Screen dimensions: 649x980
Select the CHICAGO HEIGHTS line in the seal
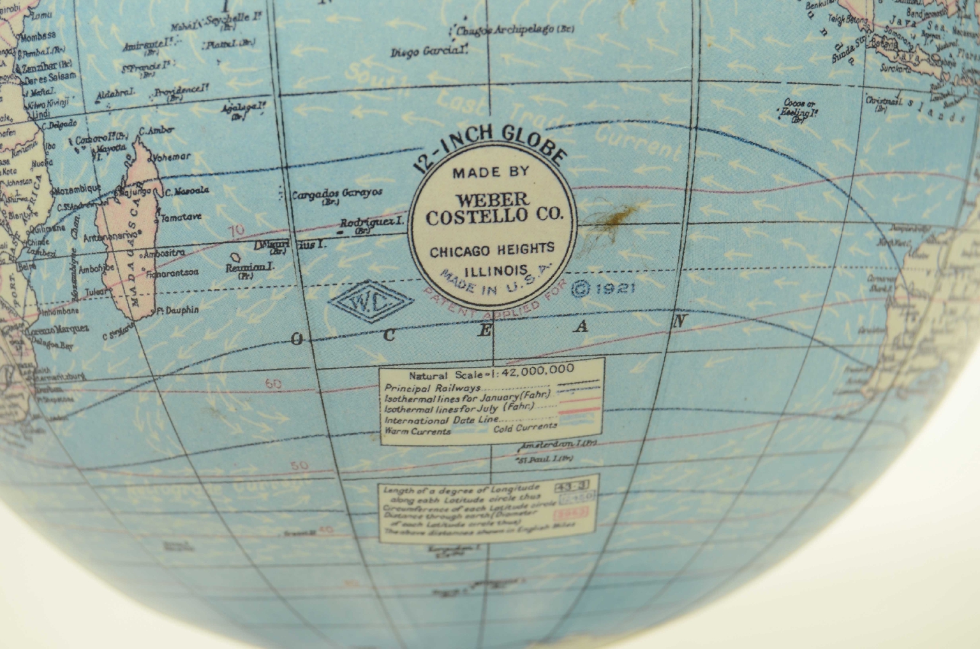tap(492, 250)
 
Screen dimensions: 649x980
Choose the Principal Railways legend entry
tap(433, 387)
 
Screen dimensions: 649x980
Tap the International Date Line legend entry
tap(442, 420)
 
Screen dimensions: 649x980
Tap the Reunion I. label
tap(249, 268)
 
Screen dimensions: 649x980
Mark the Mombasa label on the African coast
tap(40, 37)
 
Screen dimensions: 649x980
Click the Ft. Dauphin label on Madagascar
tap(179, 310)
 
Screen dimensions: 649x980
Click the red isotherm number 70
tap(237, 230)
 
